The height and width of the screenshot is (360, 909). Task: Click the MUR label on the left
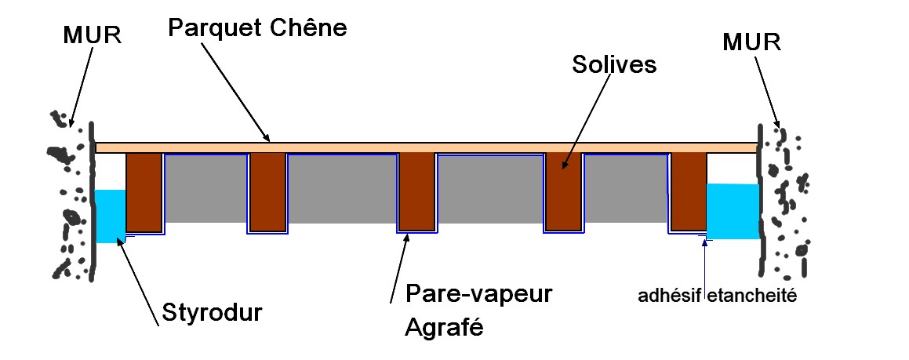(92, 37)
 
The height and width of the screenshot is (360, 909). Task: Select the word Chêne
(309, 28)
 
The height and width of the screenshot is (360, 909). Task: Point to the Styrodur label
(211, 311)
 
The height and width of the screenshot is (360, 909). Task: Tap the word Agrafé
(443, 325)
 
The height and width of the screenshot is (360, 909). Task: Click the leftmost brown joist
(144, 192)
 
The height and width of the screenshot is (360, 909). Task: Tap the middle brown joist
(416, 192)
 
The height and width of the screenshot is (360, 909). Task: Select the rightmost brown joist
(689, 192)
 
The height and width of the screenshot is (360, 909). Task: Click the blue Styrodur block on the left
(110, 216)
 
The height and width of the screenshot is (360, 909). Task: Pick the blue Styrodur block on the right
(733, 211)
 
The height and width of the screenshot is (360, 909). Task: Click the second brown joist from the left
(267, 192)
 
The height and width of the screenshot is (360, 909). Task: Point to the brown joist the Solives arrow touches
(563, 192)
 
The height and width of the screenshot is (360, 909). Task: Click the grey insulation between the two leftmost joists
(205, 188)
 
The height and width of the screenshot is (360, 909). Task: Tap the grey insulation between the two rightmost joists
(626, 188)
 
